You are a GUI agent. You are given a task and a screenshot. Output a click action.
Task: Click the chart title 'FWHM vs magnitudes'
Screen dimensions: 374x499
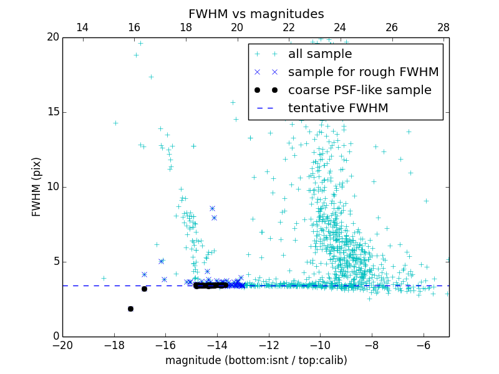pyautogui.click(x=256, y=14)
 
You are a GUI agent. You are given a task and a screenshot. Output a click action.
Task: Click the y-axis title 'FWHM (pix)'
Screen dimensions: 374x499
pyautogui.click(x=36, y=187)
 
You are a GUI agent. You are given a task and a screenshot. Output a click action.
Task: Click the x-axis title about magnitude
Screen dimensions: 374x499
pyautogui.click(x=256, y=360)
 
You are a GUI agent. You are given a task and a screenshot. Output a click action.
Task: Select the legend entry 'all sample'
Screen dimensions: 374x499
pyautogui.click(x=320, y=54)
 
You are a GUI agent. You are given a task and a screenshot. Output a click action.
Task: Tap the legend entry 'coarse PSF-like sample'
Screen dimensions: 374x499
pyautogui.click(x=359, y=90)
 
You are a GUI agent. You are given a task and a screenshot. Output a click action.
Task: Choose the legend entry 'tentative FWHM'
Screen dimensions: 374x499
pyautogui.click(x=338, y=108)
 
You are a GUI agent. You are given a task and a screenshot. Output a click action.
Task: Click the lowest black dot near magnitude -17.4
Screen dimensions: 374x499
pyautogui.click(x=130, y=309)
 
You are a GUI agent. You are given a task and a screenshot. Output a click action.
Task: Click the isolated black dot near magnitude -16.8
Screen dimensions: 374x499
pyautogui.click(x=144, y=289)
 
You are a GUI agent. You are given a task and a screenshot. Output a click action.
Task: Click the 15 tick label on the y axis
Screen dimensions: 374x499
pyautogui.click(x=52, y=112)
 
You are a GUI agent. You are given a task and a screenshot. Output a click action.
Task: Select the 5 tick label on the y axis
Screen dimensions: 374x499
pyautogui.click(x=55, y=262)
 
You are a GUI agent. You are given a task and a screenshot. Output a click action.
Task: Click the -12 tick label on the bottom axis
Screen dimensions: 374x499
pyautogui.click(x=269, y=345)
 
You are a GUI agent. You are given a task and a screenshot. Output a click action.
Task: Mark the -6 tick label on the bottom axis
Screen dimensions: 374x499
pyautogui.click(x=424, y=345)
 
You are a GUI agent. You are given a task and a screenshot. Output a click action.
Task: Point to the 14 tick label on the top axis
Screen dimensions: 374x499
pyautogui.click(x=82, y=27)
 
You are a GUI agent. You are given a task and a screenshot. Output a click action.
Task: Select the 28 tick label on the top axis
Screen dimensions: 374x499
pyautogui.click(x=443, y=27)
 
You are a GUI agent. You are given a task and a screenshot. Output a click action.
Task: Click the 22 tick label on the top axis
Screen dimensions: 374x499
pyautogui.click(x=289, y=27)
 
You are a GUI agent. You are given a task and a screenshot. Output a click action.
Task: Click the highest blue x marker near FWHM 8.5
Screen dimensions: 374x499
pyautogui.click(x=212, y=208)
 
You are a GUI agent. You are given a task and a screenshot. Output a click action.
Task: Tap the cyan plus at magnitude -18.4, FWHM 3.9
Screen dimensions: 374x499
pyautogui.click(x=104, y=278)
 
